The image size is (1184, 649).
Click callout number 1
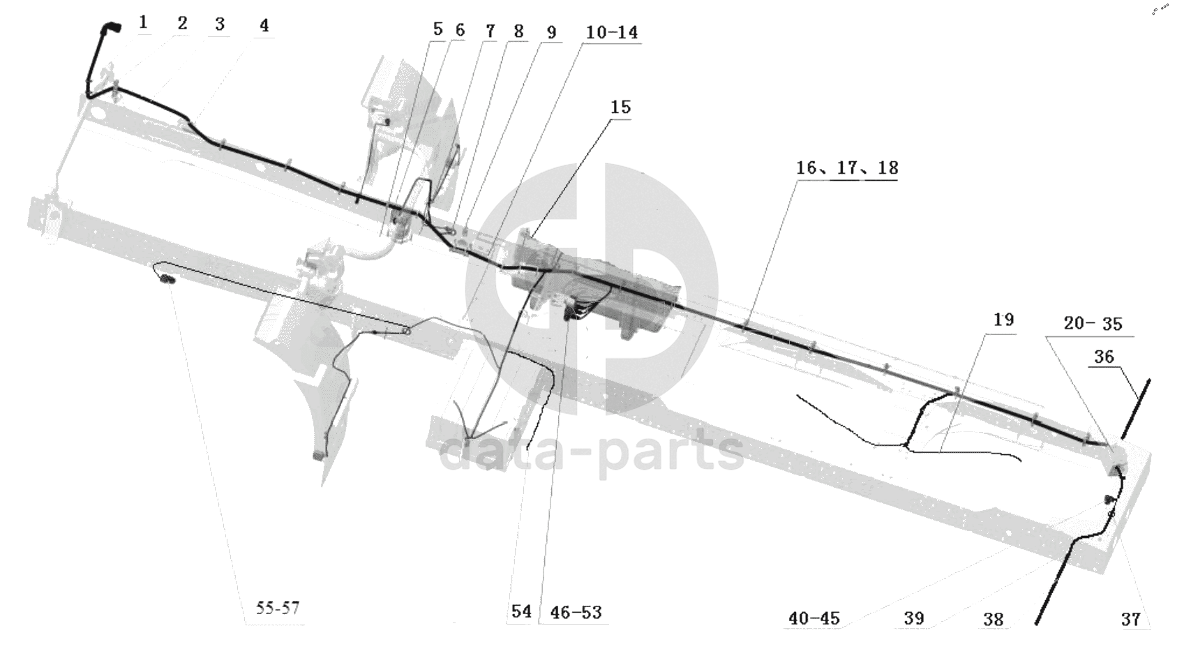(x=143, y=22)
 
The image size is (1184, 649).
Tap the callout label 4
(x=264, y=25)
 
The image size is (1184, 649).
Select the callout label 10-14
(x=612, y=33)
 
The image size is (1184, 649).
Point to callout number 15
(x=620, y=107)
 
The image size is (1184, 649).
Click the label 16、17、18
(x=847, y=168)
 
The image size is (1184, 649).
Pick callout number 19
(x=1004, y=320)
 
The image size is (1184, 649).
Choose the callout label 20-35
(x=1093, y=323)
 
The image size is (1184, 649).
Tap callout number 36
(x=1104, y=357)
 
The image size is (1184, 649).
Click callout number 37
(x=1130, y=620)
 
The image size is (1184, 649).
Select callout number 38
(x=994, y=620)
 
